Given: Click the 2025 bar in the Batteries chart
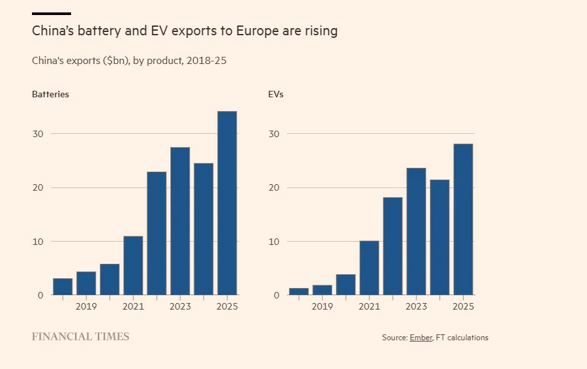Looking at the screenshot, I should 227,203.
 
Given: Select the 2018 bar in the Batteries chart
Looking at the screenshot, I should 63,287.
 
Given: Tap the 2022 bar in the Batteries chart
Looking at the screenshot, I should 157,233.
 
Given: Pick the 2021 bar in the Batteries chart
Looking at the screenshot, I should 133,265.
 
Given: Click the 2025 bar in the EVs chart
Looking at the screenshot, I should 463,219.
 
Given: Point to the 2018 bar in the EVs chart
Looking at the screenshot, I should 299,291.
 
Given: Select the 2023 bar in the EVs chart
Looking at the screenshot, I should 416,231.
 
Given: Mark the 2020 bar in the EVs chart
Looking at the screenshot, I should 346,285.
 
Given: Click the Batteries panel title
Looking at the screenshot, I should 50,94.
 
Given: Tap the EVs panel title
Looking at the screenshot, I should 276,94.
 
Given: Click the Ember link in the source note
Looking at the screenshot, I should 421,338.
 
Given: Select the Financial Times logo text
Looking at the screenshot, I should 81,337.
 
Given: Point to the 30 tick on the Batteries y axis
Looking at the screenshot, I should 38,134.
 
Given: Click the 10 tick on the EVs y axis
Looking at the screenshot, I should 274,242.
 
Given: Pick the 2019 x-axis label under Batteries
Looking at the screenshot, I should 86,306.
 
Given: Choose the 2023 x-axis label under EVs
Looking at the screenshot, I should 416,306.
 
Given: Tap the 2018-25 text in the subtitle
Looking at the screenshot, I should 206,61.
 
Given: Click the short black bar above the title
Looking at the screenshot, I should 52,13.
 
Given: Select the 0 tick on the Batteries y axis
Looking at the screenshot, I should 40,295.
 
